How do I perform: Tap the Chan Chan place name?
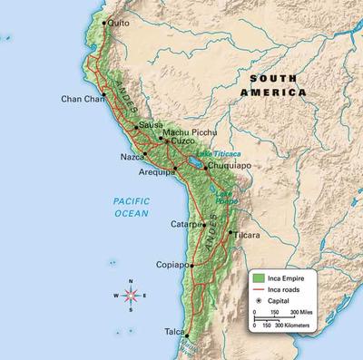click(x=82, y=99)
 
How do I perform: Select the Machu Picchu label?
click(x=189, y=133)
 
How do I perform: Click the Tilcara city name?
click(x=247, y=236)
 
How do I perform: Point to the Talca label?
click(x=175, y=333)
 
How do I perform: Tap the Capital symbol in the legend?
click(x=261, y=299)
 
